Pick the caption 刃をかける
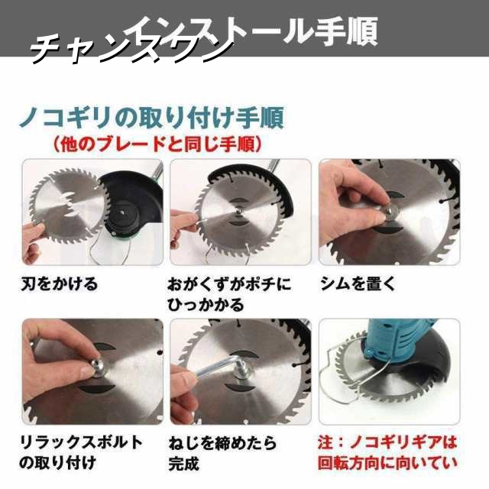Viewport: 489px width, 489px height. (x=59, y=284)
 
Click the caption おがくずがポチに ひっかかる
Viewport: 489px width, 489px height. (x=229, y=294)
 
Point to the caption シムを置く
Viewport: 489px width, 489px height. (x=358, y=284)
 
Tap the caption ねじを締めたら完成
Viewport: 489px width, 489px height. (x=222, y=452)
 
